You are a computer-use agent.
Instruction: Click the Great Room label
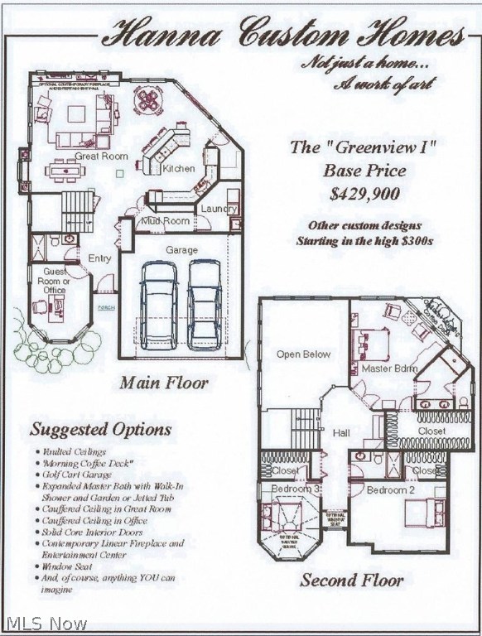point(102,156)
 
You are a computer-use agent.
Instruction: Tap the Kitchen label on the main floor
point(179,168)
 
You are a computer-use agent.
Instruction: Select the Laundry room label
point(219,210)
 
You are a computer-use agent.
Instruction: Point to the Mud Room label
point(165,221)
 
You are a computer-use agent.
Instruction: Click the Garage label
point(182,249)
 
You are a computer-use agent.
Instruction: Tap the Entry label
point(99,258)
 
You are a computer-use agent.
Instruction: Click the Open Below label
point(303,354)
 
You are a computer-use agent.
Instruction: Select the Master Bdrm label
point(389,368)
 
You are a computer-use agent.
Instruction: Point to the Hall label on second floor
point(341,432)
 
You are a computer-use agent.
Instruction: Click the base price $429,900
point(364,195)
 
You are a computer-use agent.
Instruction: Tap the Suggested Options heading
point(101,429)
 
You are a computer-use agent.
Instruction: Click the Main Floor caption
point(164,383)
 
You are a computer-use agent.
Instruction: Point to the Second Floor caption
point(352,580)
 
